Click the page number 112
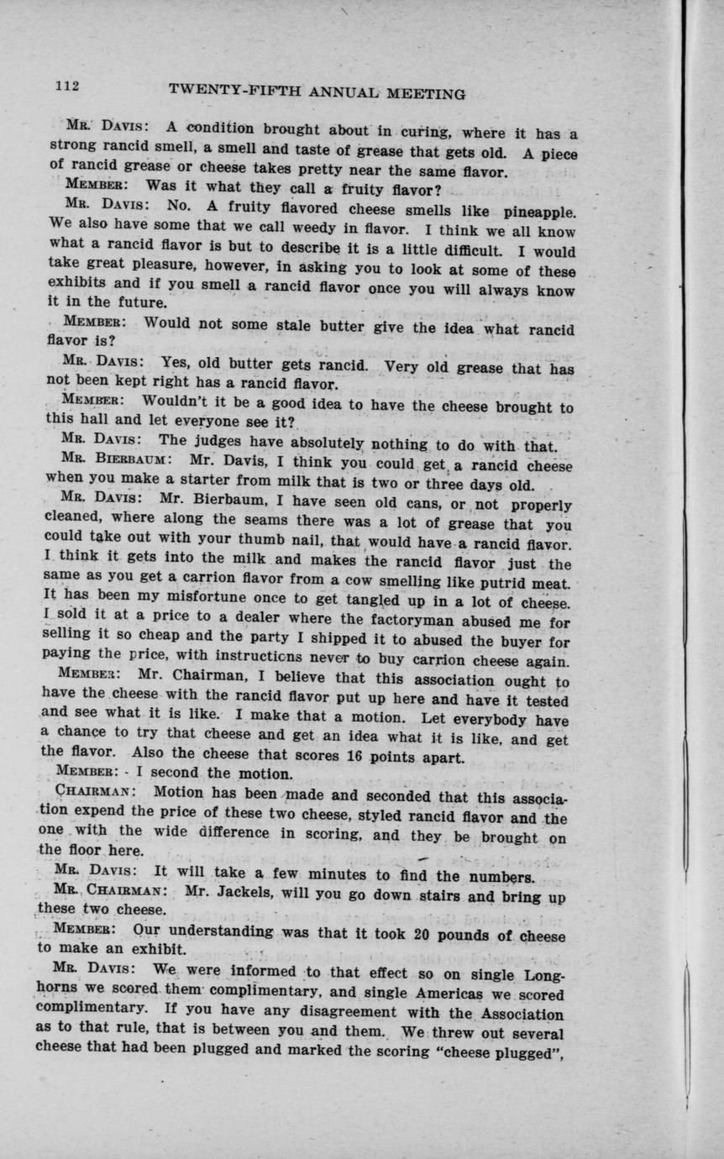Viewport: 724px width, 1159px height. tap(67, 85)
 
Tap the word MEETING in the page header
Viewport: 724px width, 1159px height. tap(422, 94)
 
